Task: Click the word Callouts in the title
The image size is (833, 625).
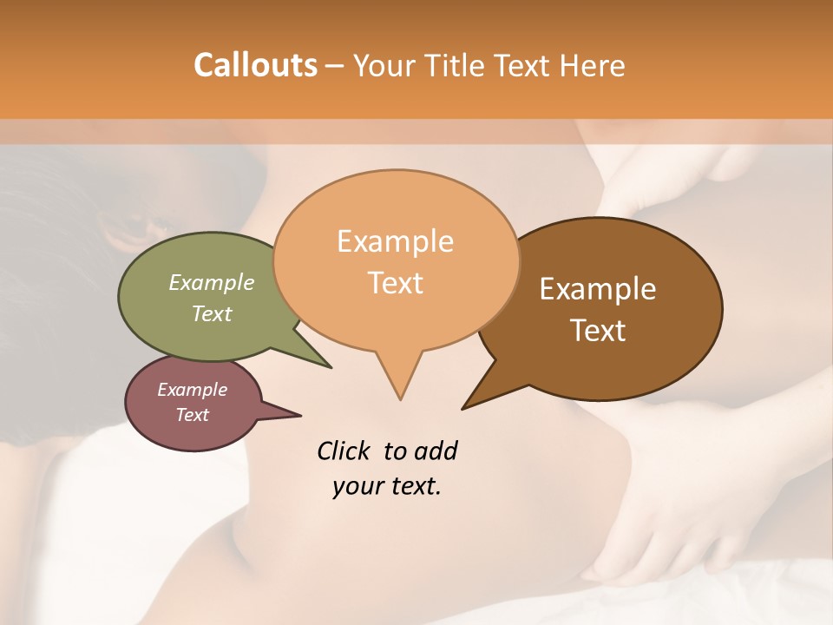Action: click(255, 65)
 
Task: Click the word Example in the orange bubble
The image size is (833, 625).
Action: click(395, 241)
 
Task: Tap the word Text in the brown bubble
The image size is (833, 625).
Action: click(598, 330)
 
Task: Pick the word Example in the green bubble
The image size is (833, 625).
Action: click(212, 283)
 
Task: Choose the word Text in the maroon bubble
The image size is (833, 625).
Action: click(193, 415)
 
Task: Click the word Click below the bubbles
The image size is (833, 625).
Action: click(344, 451)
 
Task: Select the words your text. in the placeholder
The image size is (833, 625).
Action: click(387, 486)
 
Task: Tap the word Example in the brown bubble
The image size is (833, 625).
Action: click(598, 289)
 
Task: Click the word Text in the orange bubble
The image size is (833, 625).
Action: click(396, 283)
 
